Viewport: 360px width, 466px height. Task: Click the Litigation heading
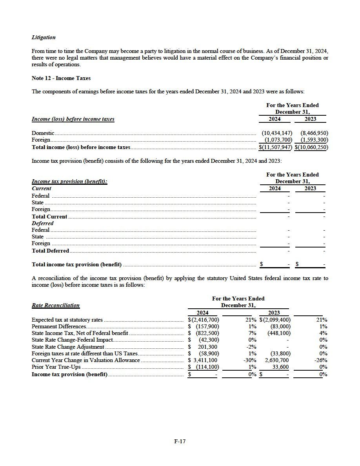pyautogui.click(x=44, y=38)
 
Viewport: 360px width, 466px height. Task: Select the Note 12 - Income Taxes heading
pyautogui.click(x=61, y=78)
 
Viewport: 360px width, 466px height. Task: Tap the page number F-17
pyautogui.click(x=180, y=441)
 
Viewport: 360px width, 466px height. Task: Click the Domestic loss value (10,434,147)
pyautogui.click(x=276, y=133)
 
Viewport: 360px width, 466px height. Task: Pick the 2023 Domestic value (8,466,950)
pyautogui.click(x=314, y=133)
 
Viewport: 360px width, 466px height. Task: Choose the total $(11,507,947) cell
pyautogui.click(x=276, y=147)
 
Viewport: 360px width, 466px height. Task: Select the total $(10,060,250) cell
pyautogui.click(x=312, y=147)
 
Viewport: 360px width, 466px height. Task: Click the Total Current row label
pyautogui.click(x=49, y=217)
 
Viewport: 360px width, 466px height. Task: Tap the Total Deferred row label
pyautogui.click(x=50, y=251)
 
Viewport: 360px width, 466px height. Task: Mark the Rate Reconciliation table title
pyautogui.click(x=55, y=305)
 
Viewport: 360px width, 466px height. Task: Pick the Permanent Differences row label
pyautogui.click(x=59, y=326)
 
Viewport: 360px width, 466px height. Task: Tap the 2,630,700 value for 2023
pyautogui.click(x=277, y=360)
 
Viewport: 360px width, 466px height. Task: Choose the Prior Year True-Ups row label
pyautogui.click(x=56, y=367)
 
